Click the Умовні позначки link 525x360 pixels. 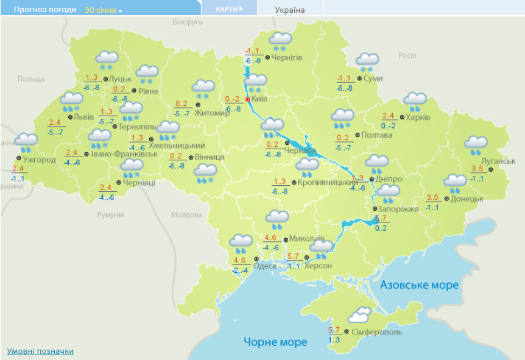40,351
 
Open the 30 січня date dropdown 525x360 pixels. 103,10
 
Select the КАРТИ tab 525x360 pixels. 228,9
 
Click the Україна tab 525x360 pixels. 290,10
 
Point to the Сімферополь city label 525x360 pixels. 376,333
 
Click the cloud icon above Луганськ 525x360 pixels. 476,145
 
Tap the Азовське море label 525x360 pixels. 419,284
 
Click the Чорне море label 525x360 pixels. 275,342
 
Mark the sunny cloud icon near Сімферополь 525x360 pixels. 361,315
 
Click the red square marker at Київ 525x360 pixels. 247,99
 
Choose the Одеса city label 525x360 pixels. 264,266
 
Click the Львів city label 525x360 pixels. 83,116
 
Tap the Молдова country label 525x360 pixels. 186,215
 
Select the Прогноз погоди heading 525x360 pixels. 45,10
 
